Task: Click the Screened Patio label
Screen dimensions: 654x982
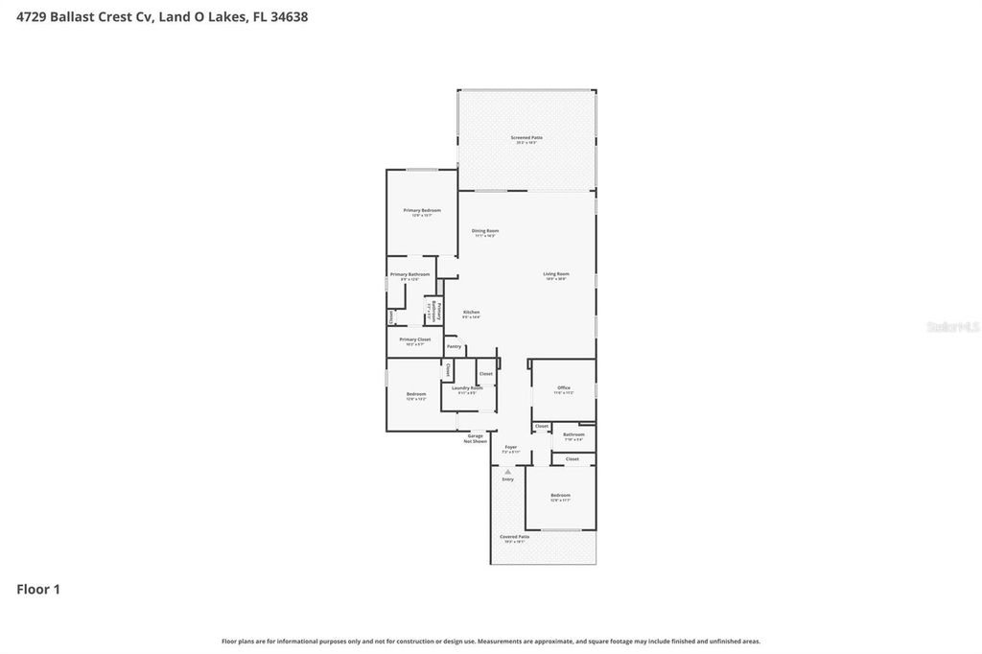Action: [x=526, y=138]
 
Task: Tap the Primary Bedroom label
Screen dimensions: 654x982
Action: [x=422, y=210]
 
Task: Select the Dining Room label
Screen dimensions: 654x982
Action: [x=485, y=230]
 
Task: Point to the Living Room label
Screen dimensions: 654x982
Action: [x=556, y=274]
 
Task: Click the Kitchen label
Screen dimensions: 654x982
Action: [x=471, y=313]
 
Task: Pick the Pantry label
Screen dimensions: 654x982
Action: [x=454, y=346]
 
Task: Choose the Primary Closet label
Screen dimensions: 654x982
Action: [x=414, y=339]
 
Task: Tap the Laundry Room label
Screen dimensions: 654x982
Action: [x=467, y=388]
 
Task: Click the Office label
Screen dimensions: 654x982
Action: [x=564, y=388]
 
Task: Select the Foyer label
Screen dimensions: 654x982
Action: [x=510, y=447]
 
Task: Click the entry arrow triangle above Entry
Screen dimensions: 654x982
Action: [x=507, y=471]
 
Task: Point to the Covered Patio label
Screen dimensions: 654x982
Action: [x=514, y=537]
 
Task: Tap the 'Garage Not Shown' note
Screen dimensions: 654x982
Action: [x=475, y=438]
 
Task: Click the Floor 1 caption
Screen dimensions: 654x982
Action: [x=38, y=589]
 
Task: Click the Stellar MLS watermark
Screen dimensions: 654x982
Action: [x=951, y=327]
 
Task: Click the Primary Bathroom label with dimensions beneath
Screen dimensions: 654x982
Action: [x=409, y=275]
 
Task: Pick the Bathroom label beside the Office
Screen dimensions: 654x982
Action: [x=573, y=434]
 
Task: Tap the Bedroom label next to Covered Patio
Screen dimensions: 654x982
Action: [x=560, y=497]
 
